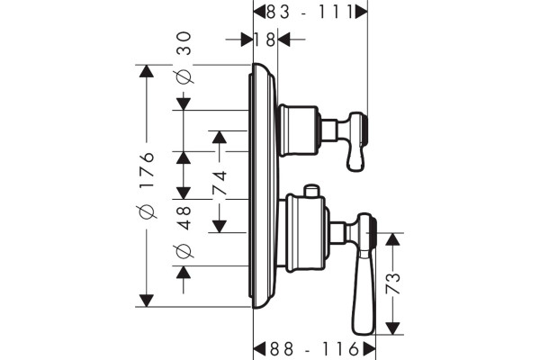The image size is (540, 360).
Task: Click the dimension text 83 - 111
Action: [x=310, y=13]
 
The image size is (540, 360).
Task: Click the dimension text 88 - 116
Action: [x=314, y=349]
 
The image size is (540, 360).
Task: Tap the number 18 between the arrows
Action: [x=265, y=40]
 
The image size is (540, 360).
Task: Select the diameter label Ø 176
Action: [x=147, y=185]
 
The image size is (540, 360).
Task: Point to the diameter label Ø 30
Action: [x=184, y=58]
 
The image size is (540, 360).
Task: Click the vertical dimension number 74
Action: [x=220, y=183]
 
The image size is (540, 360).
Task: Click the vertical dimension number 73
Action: [x=393, y=283]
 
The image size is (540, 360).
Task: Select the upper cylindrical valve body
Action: [x=298, y=130]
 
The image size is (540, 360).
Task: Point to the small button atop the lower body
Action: [x=311, y=191]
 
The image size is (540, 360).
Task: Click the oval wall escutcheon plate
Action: [x=263, y=186]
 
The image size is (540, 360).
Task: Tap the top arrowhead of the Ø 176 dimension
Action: [x=147, y=71]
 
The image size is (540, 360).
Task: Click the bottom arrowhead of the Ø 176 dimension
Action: [x=147, y=301]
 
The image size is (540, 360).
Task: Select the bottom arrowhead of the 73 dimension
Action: [x=392, y=328]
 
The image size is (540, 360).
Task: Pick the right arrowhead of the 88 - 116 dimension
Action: [x=369, y=349]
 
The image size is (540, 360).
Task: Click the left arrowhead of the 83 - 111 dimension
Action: [x=260, y=13]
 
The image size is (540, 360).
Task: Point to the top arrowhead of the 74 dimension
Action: [x=220, y=137]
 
